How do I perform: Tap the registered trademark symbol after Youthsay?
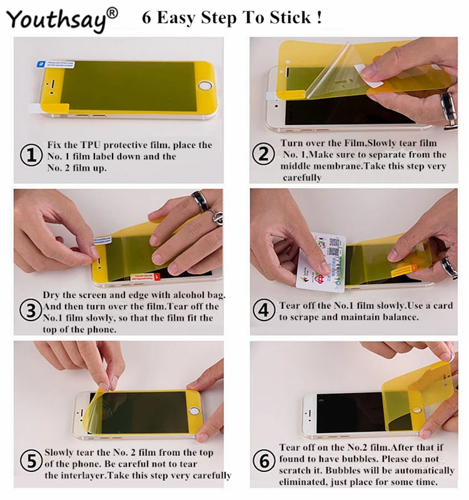click(112, 13)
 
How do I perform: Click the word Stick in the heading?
click(290, 17)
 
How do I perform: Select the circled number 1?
click(31, 155)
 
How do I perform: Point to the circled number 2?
click(263, 154)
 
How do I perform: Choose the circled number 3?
click(30, 310)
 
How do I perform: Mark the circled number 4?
click(264, 309)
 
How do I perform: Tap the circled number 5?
click(31, 461)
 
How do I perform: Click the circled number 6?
click(264, 461)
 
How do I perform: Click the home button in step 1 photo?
click(205, 86)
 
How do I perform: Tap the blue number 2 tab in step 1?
click(41, 64)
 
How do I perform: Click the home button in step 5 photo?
click(194, 410)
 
